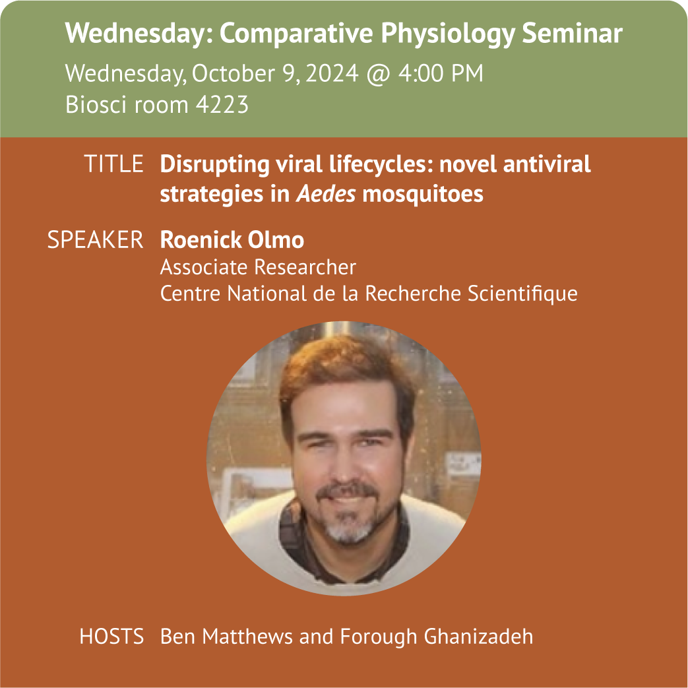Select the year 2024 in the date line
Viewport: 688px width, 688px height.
point(332,73)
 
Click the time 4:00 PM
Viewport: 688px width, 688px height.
point(441,73)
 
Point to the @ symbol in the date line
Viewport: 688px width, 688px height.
point(378,74)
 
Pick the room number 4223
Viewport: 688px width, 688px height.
point(222,104)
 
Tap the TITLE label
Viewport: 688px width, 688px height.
point(113,164)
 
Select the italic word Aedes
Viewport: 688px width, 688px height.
point(326,194)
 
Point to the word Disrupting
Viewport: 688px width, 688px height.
point(214,165)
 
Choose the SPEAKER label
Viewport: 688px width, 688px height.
point(95,239)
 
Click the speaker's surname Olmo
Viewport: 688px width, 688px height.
point(276,239)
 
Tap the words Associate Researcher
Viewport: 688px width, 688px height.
point(258,267)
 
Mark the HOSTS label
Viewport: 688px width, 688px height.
point(111,637)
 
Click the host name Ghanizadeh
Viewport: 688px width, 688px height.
point(479,637)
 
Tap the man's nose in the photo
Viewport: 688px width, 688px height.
point(346,465)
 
